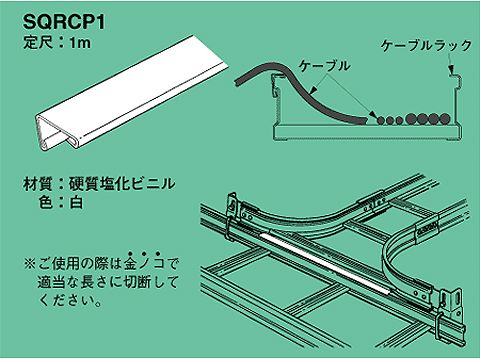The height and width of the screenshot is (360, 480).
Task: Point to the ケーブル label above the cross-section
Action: [x=325, y=66]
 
